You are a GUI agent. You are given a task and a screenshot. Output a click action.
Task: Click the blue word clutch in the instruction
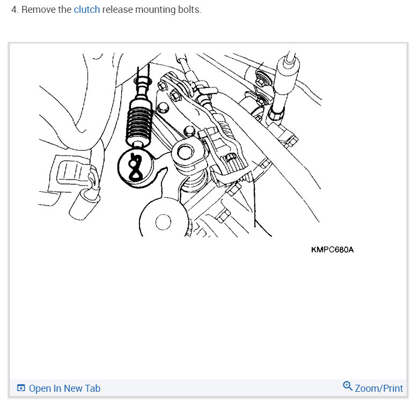(x=86, y=10)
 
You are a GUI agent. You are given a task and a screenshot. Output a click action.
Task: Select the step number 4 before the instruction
(x=14, y=10)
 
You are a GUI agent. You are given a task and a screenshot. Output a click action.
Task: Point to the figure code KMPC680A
(x=332, y=250)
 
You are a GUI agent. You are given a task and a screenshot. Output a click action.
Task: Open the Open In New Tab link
(x=64, y=389)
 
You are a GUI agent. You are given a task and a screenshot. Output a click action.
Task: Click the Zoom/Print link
(x=378, y=388)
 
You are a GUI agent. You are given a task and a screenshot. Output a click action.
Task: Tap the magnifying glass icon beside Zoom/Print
(x=348, y=386)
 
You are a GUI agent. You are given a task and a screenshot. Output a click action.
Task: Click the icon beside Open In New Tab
(x=21, y=389)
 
